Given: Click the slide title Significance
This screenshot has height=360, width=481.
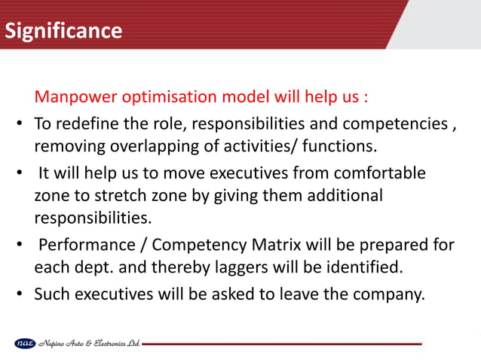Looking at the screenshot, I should (x=63, y=31).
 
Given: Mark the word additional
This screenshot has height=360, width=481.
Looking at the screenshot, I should (x=343, y=195).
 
